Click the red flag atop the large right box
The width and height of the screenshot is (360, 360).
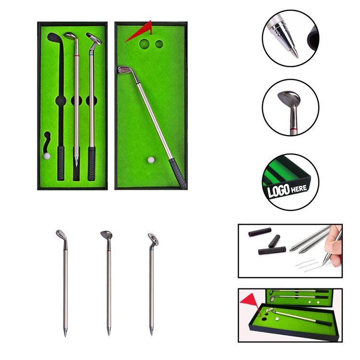[142, 32]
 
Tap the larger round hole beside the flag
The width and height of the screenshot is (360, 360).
[144, 44]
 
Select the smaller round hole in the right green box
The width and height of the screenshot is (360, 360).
[159, 44]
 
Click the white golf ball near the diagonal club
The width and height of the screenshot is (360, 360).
[151, 160]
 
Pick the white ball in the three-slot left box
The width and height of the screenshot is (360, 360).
[47, 156]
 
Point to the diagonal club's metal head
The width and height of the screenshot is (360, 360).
[125, 71]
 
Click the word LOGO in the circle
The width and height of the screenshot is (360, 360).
[278, 191]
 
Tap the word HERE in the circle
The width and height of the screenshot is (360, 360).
[299, 189]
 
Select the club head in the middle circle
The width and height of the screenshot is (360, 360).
[289, 97]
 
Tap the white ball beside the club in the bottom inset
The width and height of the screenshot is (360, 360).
[277, 319]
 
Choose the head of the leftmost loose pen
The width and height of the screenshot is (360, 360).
[61, 235]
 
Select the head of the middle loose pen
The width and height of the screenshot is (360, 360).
[106, 235]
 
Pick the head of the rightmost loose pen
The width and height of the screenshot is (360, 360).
[154, 239]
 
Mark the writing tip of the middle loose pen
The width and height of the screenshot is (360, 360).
[109, 331]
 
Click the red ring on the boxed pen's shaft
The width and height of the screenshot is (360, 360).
[76, 56]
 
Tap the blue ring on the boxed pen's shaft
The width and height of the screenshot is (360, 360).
[91, 55]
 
